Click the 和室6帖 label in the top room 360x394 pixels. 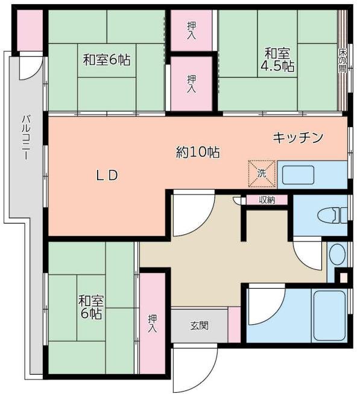pyautogui.click(x=106, y=60)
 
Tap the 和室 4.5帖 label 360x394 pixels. pyautogui.click(x=277, y=58)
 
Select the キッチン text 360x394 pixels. pyautogui.click(x=298, y=137)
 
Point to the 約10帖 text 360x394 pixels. pyautogui.click(x=197, y=152)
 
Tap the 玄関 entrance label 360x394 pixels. pyautogui.click(x=200, y=326)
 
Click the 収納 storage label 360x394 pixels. pyautogui.click(x=267, y=200)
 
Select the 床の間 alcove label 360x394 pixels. pyautogui.click(x=342, y=60)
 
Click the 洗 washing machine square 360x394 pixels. pyautogui.click(x=262, y=173)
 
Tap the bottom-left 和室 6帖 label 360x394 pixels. pyautogui.click(x=91, y=307)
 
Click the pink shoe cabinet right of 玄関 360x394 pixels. pyautogui.click(x=234, y=325)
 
